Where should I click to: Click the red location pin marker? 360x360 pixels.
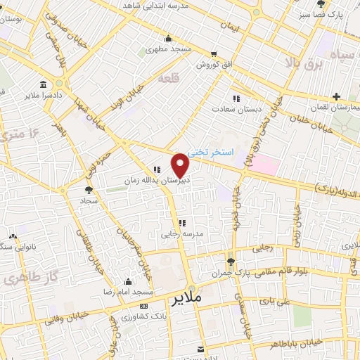click(181, 164)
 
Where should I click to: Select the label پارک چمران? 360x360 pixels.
click(232, 273)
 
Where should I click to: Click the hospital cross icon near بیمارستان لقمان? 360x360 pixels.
click(337, 96)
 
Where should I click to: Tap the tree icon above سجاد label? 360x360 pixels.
click(88, 190)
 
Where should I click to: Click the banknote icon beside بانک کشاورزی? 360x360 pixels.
click(144, 307)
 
